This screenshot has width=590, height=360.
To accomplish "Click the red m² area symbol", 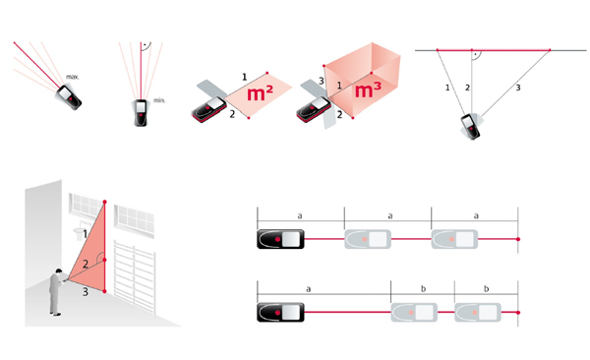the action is click(x=260, y=92).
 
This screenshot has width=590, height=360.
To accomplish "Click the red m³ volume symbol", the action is click(x=368, y=90).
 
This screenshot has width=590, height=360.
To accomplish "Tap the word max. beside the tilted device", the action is click(x=72, y=77).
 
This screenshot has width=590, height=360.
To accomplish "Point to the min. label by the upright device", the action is click(x=159, y=100).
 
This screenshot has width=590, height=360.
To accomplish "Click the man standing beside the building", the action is click(x=56, y=292).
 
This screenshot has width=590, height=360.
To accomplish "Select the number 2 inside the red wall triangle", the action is click(x=86, y=264).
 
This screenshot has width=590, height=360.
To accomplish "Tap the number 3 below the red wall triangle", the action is click(x=86, y=291).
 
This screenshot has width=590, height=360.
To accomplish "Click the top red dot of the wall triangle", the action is click(x=104, y=203).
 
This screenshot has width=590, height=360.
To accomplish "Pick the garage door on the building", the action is click(x=135, y=276).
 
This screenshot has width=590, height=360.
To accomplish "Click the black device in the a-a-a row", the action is click(x=280, y=239).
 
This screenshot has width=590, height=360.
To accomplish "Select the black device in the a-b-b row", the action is click(x=280, y=313).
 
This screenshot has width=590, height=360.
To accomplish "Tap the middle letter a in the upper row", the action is click(x=390, y=216).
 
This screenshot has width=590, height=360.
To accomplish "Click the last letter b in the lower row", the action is click(x=486, y=289).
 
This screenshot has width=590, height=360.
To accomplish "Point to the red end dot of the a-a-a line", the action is click(x=518, y=239).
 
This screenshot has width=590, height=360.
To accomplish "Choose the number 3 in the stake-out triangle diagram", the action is click(x=518, y=88).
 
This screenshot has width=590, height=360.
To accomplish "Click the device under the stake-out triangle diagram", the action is click(x=471, y=127).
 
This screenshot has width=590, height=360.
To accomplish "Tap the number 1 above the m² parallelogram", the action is click(x=244, y=77).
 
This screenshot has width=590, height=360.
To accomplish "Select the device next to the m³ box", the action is click(x=314, y=109).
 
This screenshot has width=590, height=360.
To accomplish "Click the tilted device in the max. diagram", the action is click(x=69, y=97).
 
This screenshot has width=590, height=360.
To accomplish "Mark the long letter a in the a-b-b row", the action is click(x=308, y=289).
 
